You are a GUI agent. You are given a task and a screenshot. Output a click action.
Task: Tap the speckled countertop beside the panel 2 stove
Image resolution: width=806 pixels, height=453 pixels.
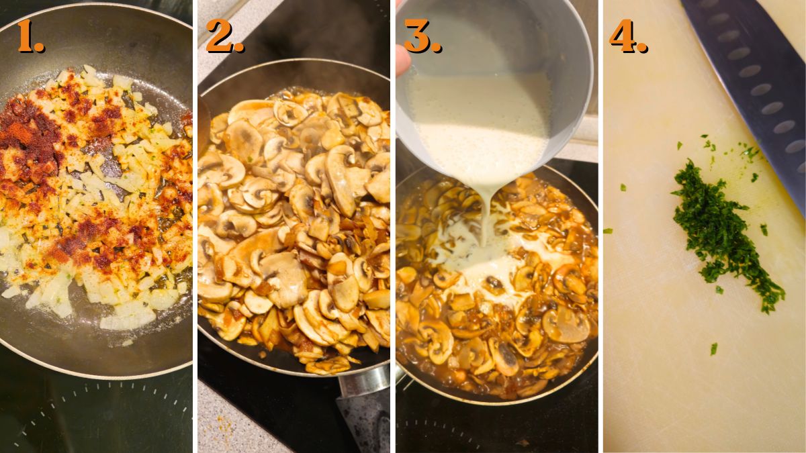[x=228, y=423]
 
